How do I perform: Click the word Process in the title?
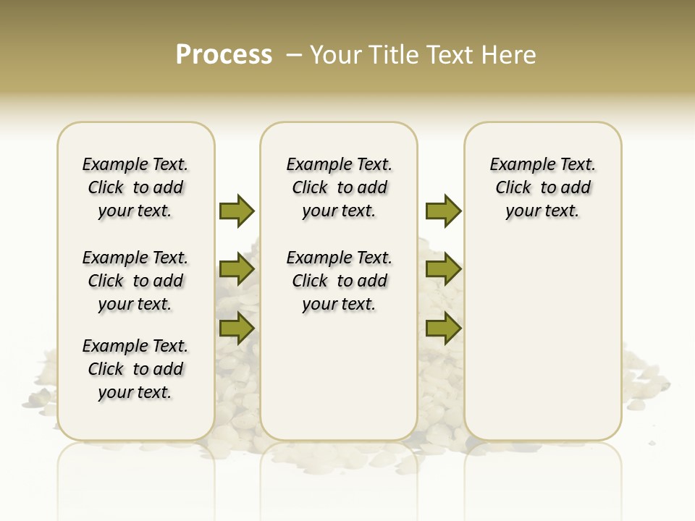click(x=224, y=54)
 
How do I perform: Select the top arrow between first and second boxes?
click(x=237, y=211)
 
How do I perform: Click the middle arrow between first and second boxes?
click(x=237, y=270)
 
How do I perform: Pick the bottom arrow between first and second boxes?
click(x=237, y=329)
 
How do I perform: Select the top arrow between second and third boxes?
click(x=443, y=211)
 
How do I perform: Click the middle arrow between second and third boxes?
click(x=443, y=270)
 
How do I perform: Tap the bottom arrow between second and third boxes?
click(x=443, y=329)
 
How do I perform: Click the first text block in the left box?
click(x=135, y=187)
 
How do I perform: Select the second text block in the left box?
click(x=135, y=281)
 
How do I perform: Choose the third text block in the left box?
click(x=135, y=369)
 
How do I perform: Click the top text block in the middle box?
click(x=339, y=187)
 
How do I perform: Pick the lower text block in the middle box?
click(x=339, y=281)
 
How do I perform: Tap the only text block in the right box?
click(x=542, y=187)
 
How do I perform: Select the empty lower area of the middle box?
click(x=339, y=376)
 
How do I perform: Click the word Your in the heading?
click(x=335, y=54)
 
